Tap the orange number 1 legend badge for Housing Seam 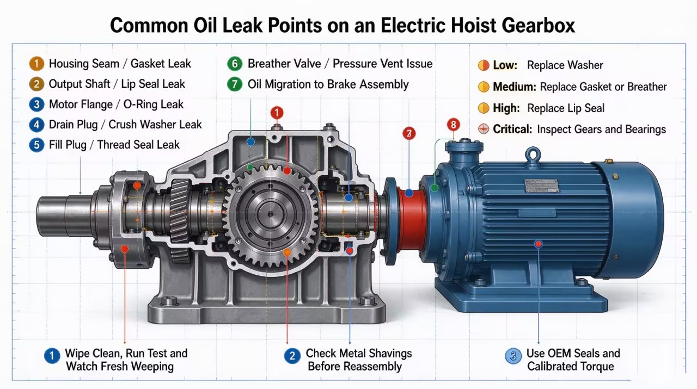point(36,64)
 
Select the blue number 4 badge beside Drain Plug point(36,125)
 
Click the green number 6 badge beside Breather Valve point(235,64)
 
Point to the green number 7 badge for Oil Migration point(235,84)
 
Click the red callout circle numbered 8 point(454,125)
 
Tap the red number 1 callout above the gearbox point(277,113)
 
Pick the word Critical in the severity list point(512,129)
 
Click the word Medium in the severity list point(515,87)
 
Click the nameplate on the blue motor point(542,186)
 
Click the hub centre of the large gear point(271,214)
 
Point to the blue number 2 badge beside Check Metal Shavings point(292,356)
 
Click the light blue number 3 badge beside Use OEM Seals point(513,356)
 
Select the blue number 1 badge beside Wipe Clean point(52,356)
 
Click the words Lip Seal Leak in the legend point(153,84)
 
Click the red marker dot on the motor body point(539,244)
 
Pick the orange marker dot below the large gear point(287,252)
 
